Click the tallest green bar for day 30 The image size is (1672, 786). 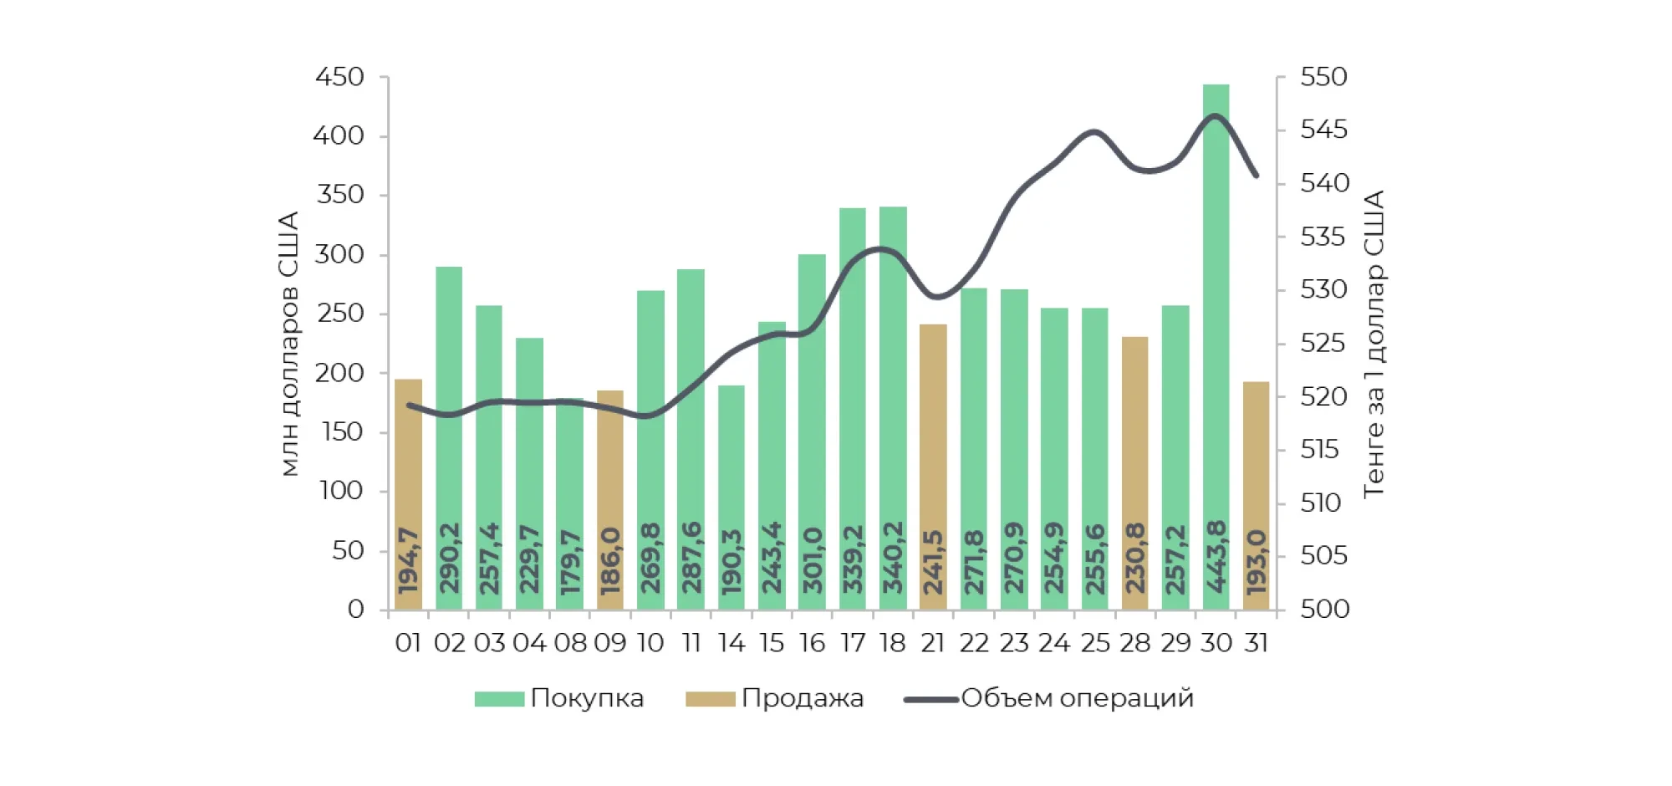(x=1216, y=334)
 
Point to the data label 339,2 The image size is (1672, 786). (x=853, y=559)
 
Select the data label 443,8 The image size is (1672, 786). (x=1216, y=557)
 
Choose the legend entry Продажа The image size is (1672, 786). (x=802, y=698)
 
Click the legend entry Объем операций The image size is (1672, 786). (x=1077, y=698)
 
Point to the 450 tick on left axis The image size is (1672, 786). (x=339, y=77)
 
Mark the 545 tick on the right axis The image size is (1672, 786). (x=1324, y=130)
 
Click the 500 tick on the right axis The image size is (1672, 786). (x=1324, y=609)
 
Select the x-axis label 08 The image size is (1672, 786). (x=570, y=643)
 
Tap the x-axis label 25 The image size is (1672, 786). (x=1095, y=643)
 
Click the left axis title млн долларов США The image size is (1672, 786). (x=288, y=344)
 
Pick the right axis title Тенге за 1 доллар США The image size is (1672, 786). (x=1374, y=344)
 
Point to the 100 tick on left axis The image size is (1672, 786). (x=341, y=491)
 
